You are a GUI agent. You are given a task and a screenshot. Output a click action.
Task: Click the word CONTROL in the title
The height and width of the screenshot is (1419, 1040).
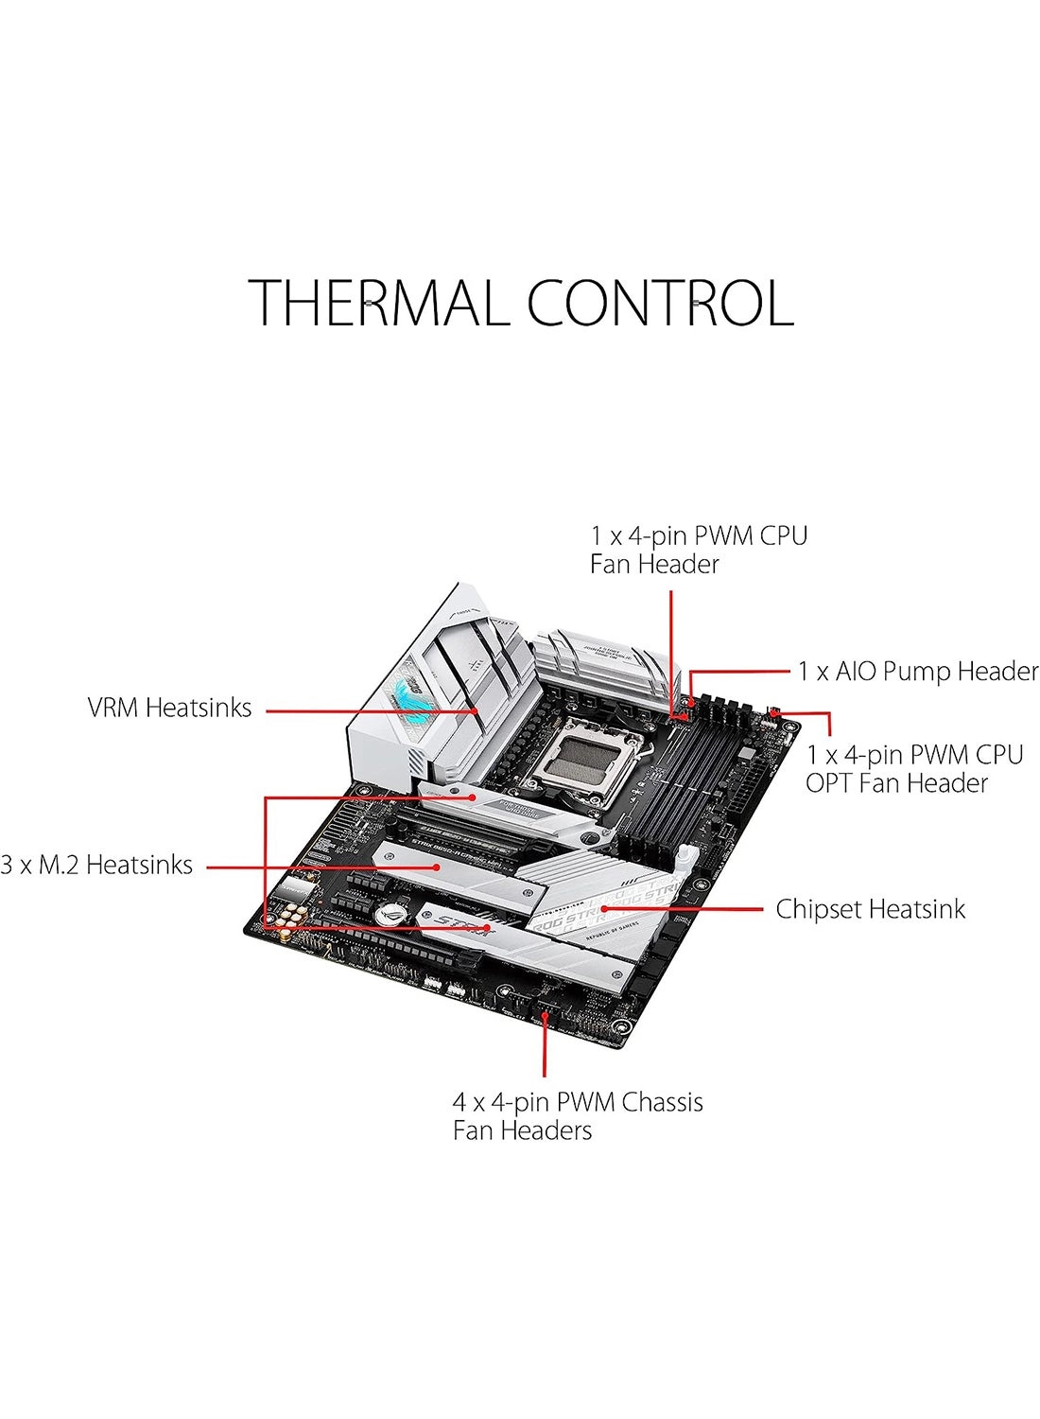coord(659,304)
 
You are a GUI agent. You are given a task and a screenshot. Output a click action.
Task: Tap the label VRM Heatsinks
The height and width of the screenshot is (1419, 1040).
coord(169,708)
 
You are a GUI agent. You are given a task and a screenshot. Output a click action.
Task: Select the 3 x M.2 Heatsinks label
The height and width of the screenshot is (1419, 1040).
coord(96,865)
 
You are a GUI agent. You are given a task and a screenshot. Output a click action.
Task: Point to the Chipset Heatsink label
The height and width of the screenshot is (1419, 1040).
coord(870,909)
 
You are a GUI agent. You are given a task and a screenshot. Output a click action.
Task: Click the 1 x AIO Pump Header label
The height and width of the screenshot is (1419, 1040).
coord(917,672)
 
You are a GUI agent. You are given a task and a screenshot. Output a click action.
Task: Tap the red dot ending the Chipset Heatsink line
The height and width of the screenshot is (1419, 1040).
coord(602,909)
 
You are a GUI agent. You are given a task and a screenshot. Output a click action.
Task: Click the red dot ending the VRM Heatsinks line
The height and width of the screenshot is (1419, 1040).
coord(476,709)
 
